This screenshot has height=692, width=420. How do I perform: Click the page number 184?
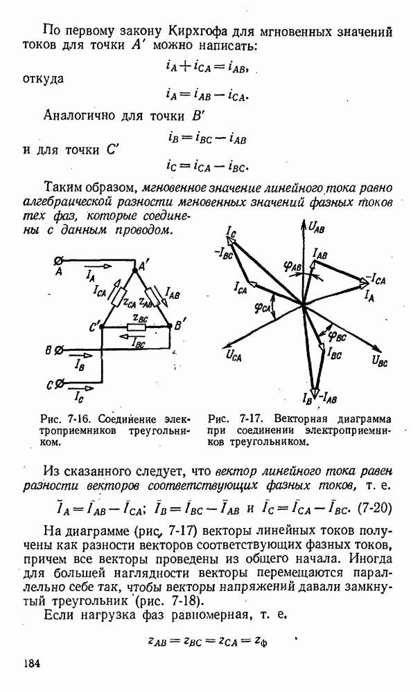[x=35, y=664]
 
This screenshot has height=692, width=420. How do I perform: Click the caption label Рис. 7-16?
[x=64, y=419]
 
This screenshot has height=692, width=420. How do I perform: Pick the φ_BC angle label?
[x=337, y=336]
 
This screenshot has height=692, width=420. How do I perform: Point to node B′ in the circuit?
[x=180, y=323]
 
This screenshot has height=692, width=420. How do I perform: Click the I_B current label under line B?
[x=80, y=362]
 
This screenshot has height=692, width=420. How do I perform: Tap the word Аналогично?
[x=80, y=115]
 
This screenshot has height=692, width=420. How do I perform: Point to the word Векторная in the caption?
[x=301, y=419]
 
